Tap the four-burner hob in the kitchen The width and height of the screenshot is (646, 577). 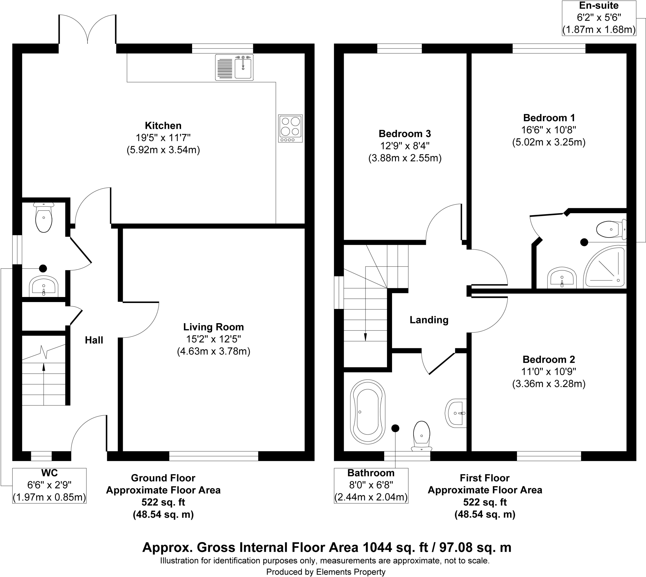(290, 128)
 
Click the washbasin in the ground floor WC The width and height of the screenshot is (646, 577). (44, 286)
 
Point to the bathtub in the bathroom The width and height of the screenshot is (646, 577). (367, 412)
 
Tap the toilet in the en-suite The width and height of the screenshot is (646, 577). (609, 229)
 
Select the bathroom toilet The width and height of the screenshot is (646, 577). (421, 435)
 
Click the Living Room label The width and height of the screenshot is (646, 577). (213, 327)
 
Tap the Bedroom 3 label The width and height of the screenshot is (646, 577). (405, 134)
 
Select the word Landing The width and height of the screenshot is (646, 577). (429, 320)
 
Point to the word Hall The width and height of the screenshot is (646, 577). (94, 340)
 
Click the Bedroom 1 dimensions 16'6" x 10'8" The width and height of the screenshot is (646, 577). (549, 130)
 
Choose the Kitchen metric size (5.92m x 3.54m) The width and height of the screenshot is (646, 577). (163, 150)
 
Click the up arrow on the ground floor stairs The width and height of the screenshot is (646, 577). (44, 367)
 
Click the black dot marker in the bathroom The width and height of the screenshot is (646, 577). (395, 428)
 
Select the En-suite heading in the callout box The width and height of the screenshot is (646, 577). (599, 5)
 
